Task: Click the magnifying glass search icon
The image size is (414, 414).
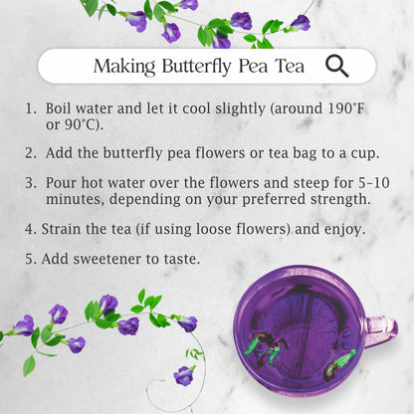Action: click(x=337, y=66)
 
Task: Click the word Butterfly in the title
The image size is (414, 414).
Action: click(x=196, y=67)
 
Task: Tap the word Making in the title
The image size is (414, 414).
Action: click(x=124, y=67)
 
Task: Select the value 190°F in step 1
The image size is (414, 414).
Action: click(x=346, y=108)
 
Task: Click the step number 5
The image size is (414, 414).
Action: click(x=31, y=259)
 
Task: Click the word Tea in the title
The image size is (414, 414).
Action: click(x=290, y=67)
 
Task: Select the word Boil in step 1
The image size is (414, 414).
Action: click(x=59, y=108)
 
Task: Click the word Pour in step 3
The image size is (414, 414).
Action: click(x=61, y=183)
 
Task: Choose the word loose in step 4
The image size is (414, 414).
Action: click(x=214, y=229)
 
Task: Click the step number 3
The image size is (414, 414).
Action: click(x=31, y=183)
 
